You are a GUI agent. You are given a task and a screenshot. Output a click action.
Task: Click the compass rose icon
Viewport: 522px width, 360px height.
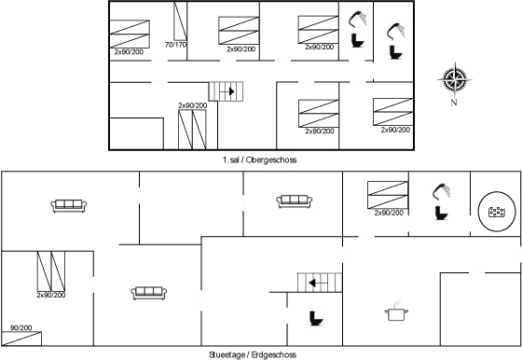click(x=455, y=80)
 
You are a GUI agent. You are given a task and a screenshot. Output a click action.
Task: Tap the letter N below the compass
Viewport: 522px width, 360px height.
click(x=454, y=103)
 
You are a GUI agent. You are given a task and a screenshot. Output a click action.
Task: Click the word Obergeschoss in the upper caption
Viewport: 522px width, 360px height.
click(x=271, y=159)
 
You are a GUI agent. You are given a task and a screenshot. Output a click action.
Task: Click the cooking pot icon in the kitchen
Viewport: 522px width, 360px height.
click(x=396, y=312)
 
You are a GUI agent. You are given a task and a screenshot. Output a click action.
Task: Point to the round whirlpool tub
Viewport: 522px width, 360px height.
click(x=496, y=212)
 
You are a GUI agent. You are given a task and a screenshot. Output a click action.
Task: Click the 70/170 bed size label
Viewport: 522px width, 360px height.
click(x=176, y=45)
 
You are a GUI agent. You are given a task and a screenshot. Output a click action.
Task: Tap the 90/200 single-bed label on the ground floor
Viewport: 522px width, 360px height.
click(x=21, y=327)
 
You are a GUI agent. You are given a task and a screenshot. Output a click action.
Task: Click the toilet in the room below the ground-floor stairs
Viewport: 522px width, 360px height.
click(x=316, y=318)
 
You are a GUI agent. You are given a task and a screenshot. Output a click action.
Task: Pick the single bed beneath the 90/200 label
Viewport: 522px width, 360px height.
click(x=21, y=339)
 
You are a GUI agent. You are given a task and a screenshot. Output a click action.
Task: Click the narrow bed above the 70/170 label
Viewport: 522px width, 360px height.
click(x=180, y=21)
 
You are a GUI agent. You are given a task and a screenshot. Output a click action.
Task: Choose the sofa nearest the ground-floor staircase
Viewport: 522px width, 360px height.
click(x=295, y=201)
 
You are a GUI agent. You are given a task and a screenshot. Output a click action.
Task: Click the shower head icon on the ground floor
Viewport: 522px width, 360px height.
click(x=441, y=191)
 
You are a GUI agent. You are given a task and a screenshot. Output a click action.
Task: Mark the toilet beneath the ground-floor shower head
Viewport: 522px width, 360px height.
click(x=442, y=213)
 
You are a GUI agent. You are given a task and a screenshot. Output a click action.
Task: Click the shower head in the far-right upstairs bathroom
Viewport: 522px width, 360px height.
click(x=395, y=31)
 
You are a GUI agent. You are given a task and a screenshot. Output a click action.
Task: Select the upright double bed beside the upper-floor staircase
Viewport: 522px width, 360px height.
click(x=192, y=130)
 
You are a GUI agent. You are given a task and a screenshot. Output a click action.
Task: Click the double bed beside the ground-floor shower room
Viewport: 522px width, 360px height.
click(x=388, y=195)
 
